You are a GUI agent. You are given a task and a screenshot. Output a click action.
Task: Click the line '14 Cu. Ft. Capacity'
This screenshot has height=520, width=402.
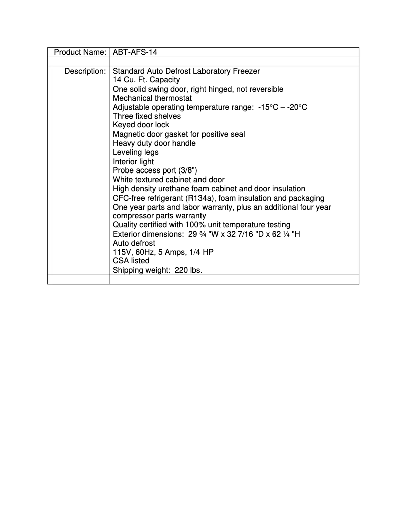point(146,80)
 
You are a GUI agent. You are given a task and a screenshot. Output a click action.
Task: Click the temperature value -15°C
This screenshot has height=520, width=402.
point(268,107)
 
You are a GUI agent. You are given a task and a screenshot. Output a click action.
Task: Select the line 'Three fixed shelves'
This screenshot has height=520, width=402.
point(147,116)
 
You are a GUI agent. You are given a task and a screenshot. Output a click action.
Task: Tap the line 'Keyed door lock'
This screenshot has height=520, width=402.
point(141,125)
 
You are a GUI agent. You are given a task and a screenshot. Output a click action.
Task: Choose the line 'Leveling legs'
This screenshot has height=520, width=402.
point(135,152)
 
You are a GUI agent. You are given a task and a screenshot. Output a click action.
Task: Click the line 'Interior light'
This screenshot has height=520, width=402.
point(133,161)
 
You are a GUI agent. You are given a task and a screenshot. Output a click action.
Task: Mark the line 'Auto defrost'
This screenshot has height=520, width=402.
point(134,243)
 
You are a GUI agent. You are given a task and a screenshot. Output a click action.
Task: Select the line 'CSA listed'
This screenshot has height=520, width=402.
point(131,261)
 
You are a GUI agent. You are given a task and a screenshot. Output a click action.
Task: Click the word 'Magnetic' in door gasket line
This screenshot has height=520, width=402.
point(129,134)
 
